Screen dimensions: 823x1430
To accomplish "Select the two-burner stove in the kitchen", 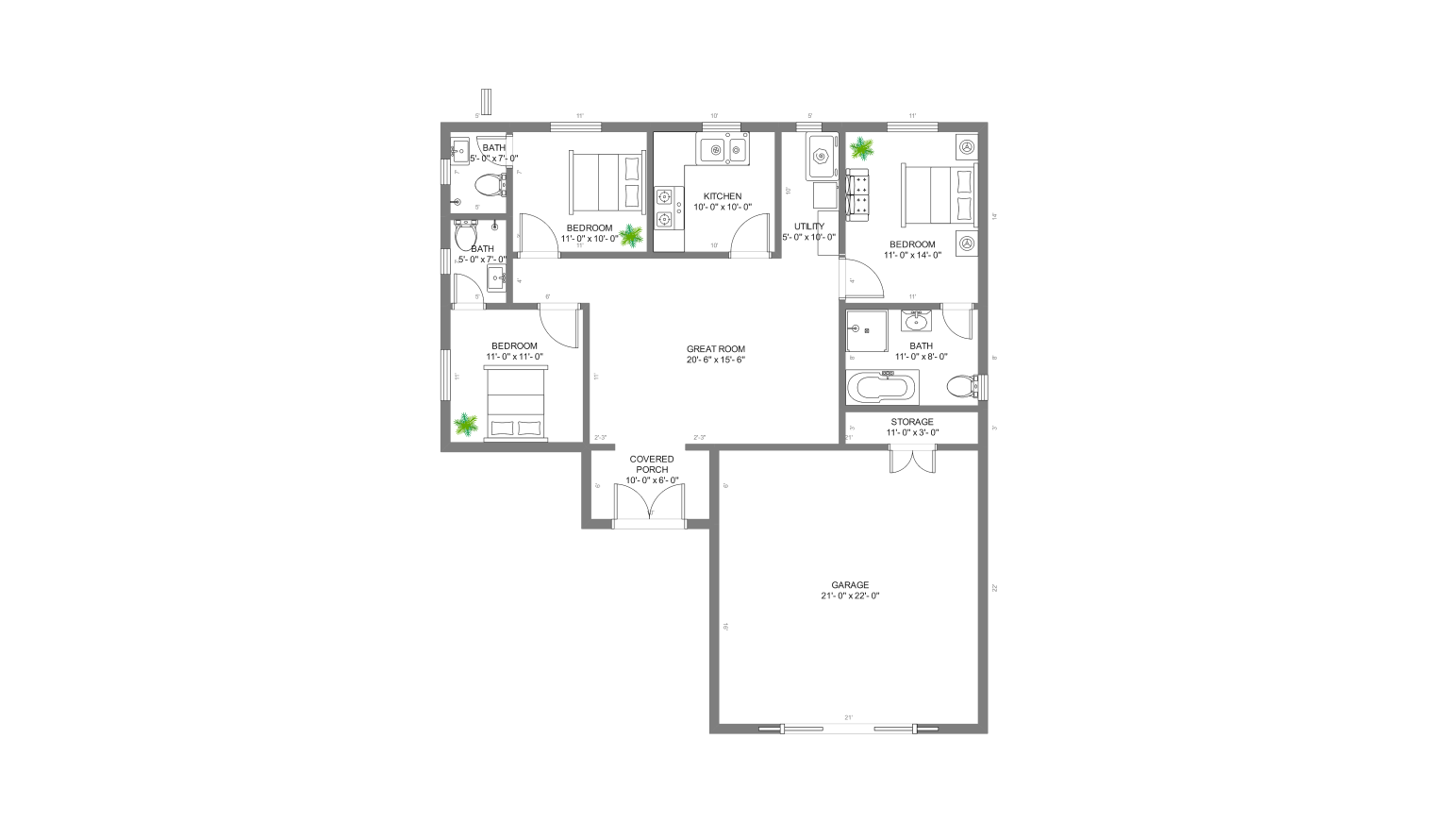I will [668, 209].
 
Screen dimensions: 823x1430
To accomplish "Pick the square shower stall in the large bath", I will [864, 329].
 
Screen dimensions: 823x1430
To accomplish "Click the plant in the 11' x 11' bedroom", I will [466, 426].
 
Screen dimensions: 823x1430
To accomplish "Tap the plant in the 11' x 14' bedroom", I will [862, 148].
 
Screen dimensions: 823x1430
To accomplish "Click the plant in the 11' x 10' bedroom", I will [630, 235].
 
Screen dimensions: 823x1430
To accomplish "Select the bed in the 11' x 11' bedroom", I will [516, 403].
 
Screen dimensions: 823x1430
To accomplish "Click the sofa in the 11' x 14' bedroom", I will [859, 195].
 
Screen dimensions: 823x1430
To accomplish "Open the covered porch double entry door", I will [650, 501].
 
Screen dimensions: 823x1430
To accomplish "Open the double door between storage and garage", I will [911, 460].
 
